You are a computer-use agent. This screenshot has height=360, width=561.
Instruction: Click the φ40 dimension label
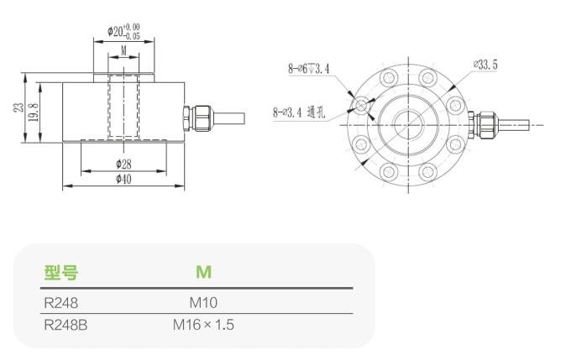[x=123, y=179]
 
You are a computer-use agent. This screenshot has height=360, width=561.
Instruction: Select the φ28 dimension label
[x=123, y=164]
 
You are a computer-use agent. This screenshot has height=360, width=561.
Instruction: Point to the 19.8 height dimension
[x=34, y=112]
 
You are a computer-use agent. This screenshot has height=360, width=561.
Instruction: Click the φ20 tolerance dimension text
[x=123, y=32]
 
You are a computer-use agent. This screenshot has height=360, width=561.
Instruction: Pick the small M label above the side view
[x=123, y=50]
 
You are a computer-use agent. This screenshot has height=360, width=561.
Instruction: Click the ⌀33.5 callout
[x=485, y=65]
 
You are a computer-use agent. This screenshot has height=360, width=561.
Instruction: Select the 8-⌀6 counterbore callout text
[x=309, y=68]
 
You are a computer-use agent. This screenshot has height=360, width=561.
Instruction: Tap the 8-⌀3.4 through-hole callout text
[x=299, y=113]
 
